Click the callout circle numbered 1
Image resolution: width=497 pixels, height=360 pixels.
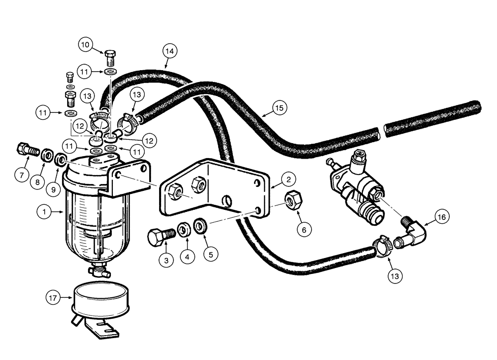click(x=45, y=212)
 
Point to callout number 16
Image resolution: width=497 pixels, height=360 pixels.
click(x=442, y=217)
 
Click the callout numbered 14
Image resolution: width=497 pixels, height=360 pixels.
click(x=170, y=51)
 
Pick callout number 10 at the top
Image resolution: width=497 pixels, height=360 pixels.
click(x=85, y=45)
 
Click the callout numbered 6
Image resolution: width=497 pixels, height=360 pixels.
click(x=305, y=230)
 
